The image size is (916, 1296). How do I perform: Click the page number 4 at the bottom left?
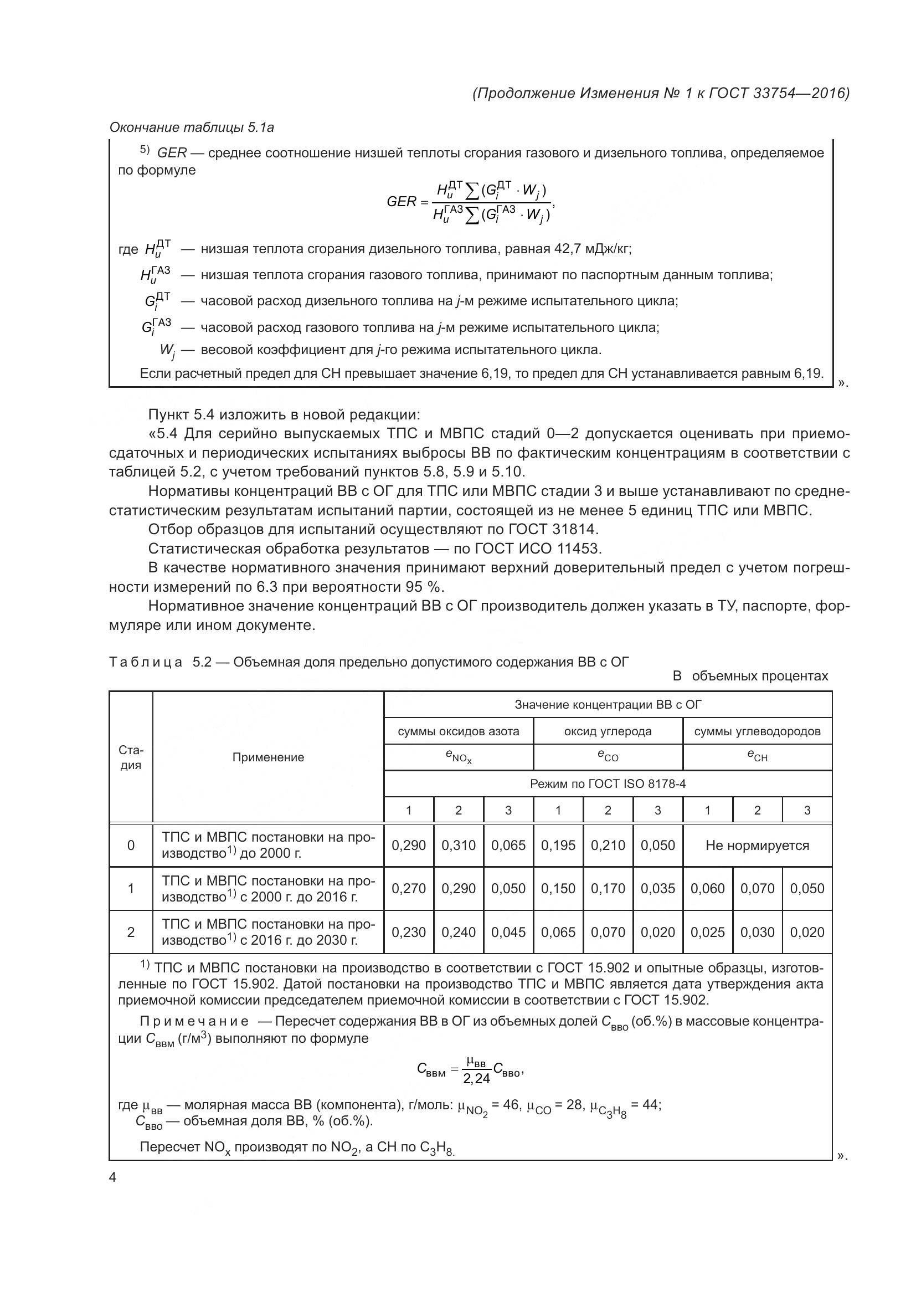(x=112, y=1177)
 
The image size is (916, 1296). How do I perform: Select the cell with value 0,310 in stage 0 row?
(x=458, y=845)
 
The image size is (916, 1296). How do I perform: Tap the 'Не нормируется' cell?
(x=757, y=845)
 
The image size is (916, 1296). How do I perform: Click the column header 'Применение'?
(x=268, y=757)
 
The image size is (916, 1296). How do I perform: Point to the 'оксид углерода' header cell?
(x=608, y=731)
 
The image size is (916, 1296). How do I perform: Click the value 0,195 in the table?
(x=558, y=845)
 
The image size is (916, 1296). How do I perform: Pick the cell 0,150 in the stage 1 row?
(x=558, y=888)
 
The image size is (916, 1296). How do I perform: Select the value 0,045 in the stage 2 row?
(x=508, y=932)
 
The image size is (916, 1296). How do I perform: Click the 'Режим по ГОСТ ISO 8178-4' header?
(x=608, y=783)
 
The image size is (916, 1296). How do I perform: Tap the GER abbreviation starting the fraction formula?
(x=401, y=202)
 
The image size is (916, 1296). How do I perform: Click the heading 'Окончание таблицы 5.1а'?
(x=191, y=127)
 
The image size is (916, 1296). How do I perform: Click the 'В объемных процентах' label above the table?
(x=750, y=675)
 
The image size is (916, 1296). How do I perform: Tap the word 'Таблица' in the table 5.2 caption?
(x=146, y=662)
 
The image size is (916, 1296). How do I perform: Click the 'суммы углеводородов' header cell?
(x=757, y=731)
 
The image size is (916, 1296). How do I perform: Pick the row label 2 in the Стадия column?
(x=131, y=932)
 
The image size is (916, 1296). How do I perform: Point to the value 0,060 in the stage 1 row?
(x=707, y=888)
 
